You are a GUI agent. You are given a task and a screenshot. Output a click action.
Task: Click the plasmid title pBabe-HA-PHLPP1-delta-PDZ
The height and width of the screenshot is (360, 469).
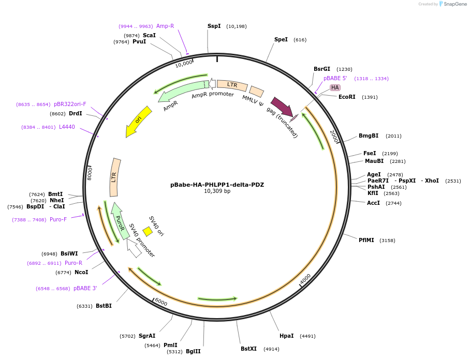(x=217, y=185)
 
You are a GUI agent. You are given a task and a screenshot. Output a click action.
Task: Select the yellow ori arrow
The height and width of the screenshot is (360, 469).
(x=138, y=121)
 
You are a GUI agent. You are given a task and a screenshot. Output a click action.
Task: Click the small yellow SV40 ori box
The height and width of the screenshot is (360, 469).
(x=148, y=232)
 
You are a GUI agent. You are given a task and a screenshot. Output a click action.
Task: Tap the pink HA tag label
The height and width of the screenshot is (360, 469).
(x=335, y=87)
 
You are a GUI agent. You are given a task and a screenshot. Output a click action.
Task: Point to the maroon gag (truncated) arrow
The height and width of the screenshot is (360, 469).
(x=283, y=107)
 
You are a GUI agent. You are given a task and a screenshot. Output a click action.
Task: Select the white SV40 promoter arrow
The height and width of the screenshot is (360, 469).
(x=134, y=248)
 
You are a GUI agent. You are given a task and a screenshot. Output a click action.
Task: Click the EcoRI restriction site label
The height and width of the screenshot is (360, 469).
(x=347, y=97)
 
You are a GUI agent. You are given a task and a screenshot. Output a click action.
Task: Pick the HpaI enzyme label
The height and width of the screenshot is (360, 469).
(x=287, y=336)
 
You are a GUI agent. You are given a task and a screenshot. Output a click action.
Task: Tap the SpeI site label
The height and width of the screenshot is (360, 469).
(x=281, y=39)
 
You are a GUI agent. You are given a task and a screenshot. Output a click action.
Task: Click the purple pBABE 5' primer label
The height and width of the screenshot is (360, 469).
(x=335, y=78)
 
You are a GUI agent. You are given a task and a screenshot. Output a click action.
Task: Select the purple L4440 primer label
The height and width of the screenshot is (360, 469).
(x=67, y=127)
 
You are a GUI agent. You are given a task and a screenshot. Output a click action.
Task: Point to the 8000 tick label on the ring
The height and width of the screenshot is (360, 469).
(x=90, y=174)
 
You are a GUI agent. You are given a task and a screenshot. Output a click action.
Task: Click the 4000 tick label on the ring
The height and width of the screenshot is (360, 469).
(x=305, y=279)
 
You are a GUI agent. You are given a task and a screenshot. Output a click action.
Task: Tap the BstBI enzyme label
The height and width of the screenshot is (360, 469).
(x=104, y=306)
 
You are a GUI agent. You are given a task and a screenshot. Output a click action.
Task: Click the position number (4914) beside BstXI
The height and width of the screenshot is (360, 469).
(x=271, y=349)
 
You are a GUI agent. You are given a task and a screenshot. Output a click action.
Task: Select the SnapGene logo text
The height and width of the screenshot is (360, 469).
(x=455, y=4)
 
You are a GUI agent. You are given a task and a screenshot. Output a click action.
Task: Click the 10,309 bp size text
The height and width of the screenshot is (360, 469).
(x=217, y=191)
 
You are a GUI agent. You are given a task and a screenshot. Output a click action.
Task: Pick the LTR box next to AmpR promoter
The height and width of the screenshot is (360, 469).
(x=232, y=85)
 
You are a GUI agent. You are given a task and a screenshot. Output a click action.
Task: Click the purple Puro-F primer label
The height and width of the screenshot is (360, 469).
(x=58, y=220)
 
